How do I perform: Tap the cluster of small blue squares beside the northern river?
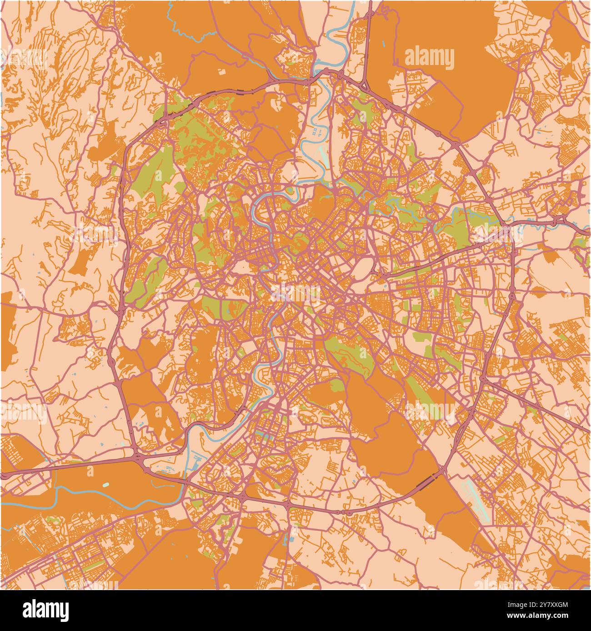tap(318, 132)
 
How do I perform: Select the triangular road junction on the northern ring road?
tap(364, 85)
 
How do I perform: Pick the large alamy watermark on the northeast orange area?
tap(429, 59)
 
